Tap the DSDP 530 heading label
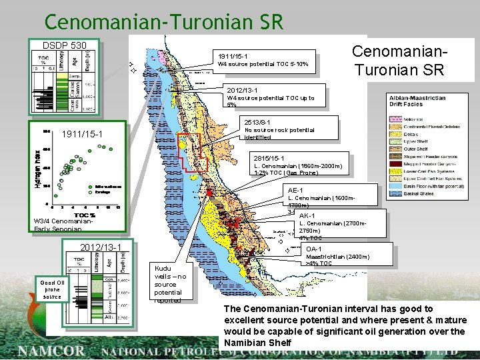click(x=65, y=45)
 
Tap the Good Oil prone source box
click(x=51, y=289)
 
